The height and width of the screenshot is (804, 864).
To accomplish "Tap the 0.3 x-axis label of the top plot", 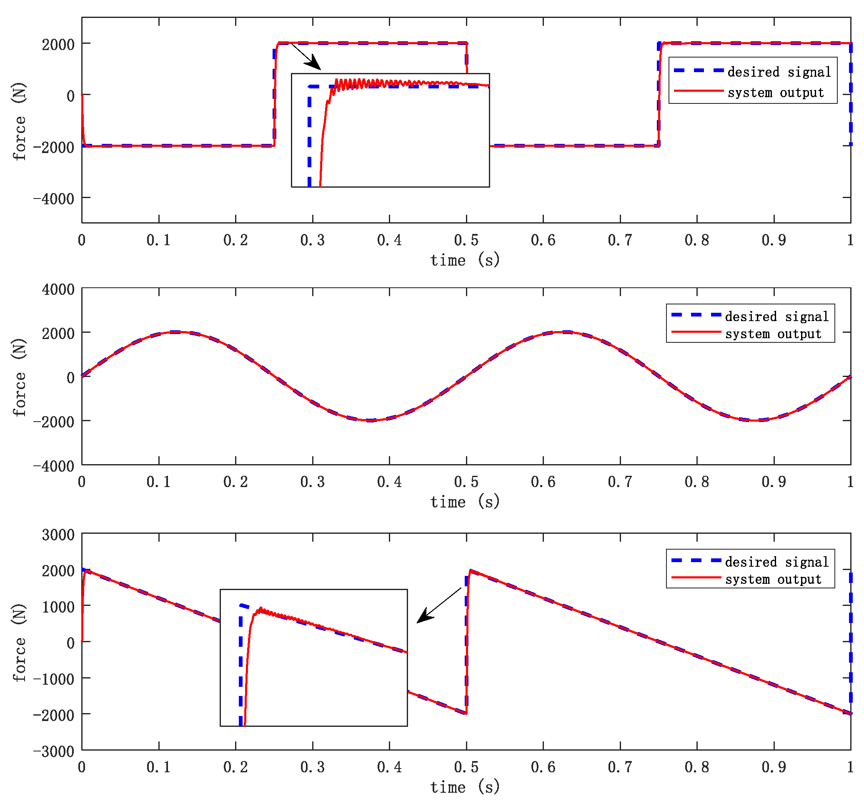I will coord(312,241).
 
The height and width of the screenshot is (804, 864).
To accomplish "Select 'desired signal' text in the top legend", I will coord(779,72).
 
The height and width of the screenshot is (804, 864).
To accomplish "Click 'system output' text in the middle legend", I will coord(773,334).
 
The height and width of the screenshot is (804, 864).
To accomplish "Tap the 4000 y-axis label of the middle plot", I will coord(58,289).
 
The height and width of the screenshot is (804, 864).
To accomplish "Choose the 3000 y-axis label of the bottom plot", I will coord(58,535).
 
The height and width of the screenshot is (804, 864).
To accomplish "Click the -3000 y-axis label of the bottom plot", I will coord(53,751).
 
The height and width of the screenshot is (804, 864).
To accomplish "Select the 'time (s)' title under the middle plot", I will coord(465,502).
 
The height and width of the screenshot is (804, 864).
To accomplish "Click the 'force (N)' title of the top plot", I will coord(19,122).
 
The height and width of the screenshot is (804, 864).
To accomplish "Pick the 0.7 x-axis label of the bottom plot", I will coord(620,767).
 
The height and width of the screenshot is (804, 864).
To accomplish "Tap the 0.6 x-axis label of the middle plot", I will coord(543,482).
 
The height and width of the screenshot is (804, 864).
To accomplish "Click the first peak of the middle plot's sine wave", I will coord(178,332).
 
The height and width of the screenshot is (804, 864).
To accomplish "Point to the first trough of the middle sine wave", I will coord(370,420).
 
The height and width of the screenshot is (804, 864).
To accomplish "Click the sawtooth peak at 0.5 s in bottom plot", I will coord(470,570).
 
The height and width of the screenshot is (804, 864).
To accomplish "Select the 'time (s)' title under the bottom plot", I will coord(465,787).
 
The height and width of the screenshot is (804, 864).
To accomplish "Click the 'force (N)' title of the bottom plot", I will coord(19,643).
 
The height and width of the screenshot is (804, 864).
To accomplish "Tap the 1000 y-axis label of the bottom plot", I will coord(58,607).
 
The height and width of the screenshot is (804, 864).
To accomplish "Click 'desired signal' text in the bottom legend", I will coord(776,562).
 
